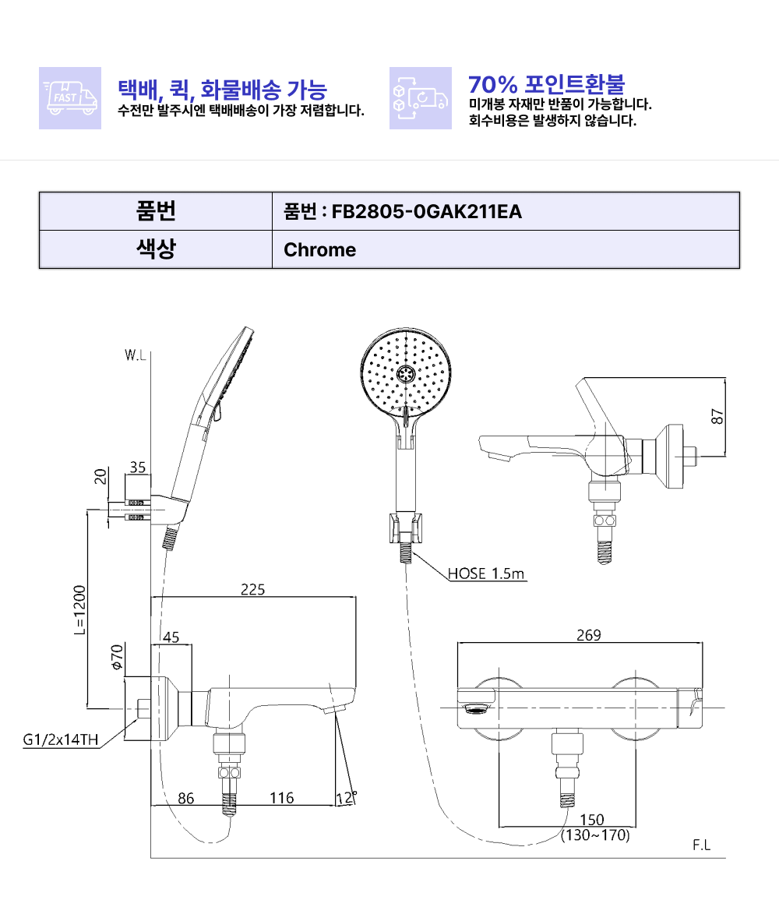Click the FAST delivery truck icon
[x=70, y=97]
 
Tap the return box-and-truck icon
[x=421, y=97]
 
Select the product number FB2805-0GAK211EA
[x=427, y=212]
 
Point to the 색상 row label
[x=156, y=249]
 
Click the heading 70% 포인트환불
[x=547, y=84]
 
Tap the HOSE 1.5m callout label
[x=486, y=573]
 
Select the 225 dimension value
[x=252, y=589]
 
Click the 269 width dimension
[x=589, y=635]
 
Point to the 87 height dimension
[x=717, y=416]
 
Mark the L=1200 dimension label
[x=79, y=610]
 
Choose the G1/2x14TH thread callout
[x=61, y=739]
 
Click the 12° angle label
[x=346, y=798]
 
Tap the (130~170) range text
[x=595, y=835]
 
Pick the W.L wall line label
[x=136, y=355]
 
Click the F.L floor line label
[x=702, y=845]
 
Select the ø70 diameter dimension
[x=118, y=657]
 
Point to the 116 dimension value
[x=282, y=798]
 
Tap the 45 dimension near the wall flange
[x=171, y=637]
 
